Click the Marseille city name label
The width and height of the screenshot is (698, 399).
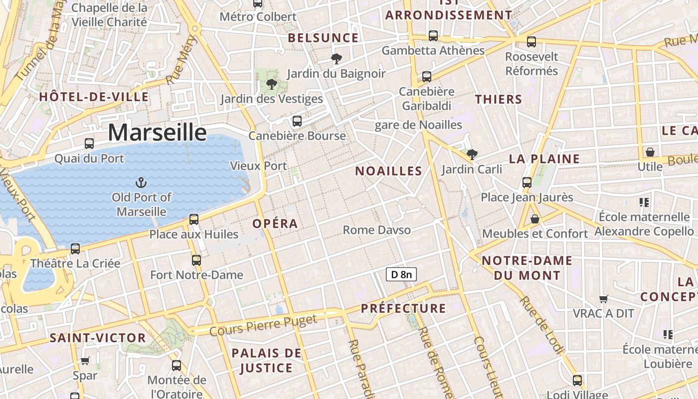(157, 133)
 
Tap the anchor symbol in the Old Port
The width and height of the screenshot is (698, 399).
(141, 183)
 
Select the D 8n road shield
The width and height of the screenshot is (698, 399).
(401, 274)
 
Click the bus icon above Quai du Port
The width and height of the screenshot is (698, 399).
(89, 144)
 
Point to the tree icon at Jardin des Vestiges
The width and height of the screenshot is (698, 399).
(272, 84)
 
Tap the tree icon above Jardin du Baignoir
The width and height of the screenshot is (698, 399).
(337, 59)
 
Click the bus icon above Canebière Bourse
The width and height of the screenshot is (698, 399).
(297, 121)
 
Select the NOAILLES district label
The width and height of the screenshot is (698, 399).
(388, 171)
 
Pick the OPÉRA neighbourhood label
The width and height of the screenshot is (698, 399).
(275, 224)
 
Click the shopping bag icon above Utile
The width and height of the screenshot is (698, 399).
(650, 152)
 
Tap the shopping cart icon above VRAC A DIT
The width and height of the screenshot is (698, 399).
(604, 299)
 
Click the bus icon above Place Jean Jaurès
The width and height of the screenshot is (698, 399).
(527, 182)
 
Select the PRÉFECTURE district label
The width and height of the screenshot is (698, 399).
(403, 308)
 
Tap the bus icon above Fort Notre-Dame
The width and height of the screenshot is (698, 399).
(196, 260)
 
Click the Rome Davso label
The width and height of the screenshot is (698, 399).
(377, 230)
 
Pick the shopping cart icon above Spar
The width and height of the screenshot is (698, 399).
(85, 361)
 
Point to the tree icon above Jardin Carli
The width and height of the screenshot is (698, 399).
(472, 155)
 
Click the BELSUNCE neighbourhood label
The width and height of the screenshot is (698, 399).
(323, 38)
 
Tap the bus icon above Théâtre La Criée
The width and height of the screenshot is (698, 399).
(75, 248)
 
